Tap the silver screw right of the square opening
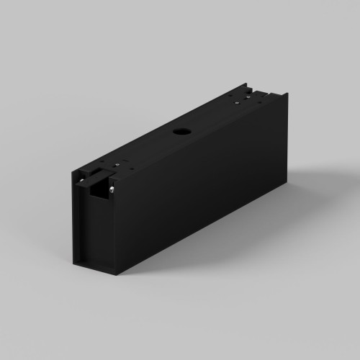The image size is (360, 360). point(113,189)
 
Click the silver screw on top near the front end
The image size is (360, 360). point(117,164)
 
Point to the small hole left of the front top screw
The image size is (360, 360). point(103,162)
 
